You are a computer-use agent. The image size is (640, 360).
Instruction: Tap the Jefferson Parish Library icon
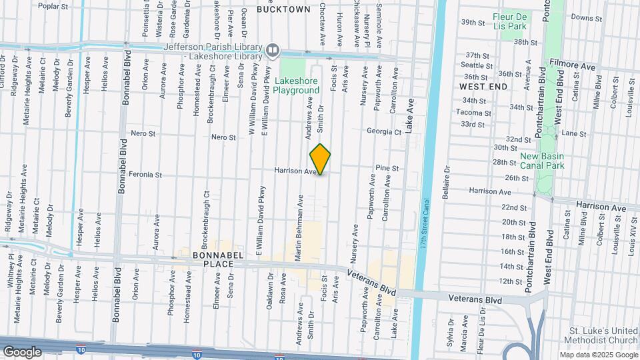coord(273,51)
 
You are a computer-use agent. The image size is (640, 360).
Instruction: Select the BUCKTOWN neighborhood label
coord(283,9)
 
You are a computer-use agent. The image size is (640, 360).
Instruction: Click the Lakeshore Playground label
coord(297,85)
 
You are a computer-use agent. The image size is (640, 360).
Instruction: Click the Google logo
coord(22,351)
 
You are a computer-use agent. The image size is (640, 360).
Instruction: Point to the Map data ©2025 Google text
coord(598,355)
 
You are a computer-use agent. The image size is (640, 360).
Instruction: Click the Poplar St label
coord(53,6)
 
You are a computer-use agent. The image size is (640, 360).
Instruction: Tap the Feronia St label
coord(146,175)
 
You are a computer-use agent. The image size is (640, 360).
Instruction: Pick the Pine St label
coord(387,169)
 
